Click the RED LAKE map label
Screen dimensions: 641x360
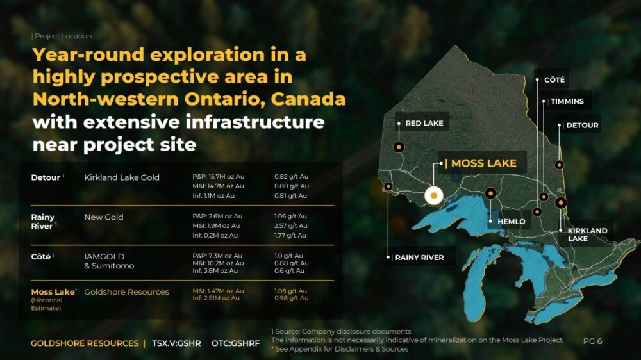pos(424,123)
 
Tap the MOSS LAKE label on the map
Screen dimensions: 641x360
pos(483,163)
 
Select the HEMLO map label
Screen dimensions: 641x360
pos(511,222)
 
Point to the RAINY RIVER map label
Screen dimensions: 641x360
pos(419,258)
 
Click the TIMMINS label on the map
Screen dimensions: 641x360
pos(567,101)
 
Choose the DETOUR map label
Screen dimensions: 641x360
pos(582,126)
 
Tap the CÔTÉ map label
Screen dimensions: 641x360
pos(554,79)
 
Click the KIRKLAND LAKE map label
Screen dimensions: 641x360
pos(587,234)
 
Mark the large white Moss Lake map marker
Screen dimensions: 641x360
pos(434,196)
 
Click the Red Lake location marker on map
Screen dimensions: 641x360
pos(399,147)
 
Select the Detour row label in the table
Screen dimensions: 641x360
pos(46,177)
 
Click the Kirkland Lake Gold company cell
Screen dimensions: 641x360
pos(122,177)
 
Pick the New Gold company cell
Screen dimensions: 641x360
pos(103,217)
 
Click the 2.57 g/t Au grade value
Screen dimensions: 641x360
pos(290,225)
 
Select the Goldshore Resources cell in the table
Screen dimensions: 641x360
pos(126,292)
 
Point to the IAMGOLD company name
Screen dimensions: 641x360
pos(104,257)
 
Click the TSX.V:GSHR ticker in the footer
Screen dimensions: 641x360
pos(176,343)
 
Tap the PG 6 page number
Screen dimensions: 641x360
pos(592,341)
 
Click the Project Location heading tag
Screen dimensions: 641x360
pos(63,36)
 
